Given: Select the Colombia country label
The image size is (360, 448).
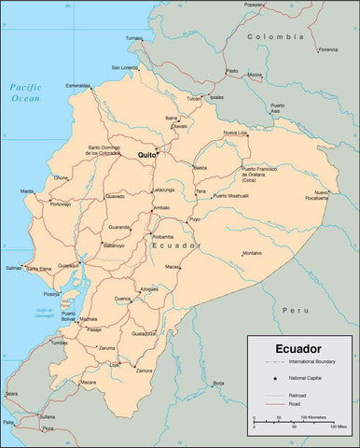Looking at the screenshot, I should click(x=276, y=36).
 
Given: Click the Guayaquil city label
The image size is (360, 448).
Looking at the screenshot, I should click(x=69, y=265).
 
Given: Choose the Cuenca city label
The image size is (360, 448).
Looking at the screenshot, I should click(x=122, y=299).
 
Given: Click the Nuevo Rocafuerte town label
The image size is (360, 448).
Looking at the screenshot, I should click(x=309, y=195).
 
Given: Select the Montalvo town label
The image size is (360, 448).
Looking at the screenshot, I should click(x=253, y=253).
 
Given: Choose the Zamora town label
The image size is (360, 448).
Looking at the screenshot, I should click(x=144, y=371).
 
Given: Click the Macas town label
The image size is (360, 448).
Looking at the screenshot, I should click(x=173, y=267).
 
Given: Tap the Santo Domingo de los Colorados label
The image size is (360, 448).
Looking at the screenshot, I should click(x=110, y=149).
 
